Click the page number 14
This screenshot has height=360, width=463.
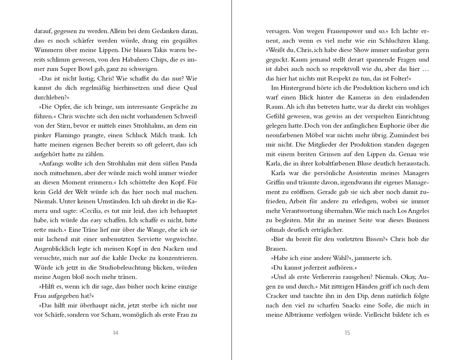[115, 333]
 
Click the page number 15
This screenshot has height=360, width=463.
[347, 333]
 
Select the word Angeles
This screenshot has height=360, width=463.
[416, 211]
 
